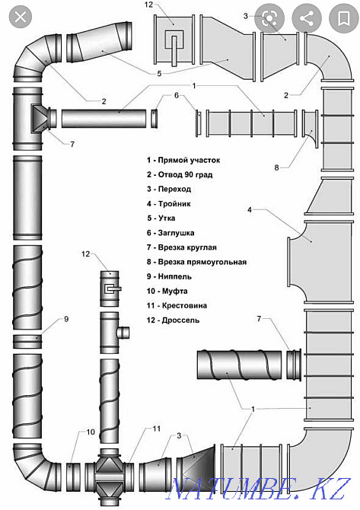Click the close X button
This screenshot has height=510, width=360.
coord(21,16)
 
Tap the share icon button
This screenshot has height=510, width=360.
coord(307,18)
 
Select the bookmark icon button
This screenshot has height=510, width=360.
coord(343,18)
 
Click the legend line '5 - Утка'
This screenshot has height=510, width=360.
coord(161,218)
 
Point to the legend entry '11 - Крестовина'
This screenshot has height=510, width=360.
coord(177,305)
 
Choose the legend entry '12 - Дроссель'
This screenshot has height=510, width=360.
coord(173,320)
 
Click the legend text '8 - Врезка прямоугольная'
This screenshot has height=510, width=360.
coord(196,262)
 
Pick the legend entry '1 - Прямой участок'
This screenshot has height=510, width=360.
coord(183,160)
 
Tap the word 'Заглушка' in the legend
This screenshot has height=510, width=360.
coord(176,233)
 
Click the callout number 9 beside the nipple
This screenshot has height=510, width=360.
coord(66,319)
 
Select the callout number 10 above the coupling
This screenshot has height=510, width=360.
coord(91,432)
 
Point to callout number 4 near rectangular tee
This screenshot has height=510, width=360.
coord(250,210)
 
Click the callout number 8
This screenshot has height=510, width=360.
coord(276,167)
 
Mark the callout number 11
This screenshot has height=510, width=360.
coord(157,429)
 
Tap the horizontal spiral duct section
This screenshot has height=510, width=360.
coord(239,365)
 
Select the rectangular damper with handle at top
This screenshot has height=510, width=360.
coord(174,40)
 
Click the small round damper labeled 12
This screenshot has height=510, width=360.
coord(110,288)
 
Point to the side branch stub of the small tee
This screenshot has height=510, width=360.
coord(123,333)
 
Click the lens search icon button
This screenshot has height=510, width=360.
coord(269,18)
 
